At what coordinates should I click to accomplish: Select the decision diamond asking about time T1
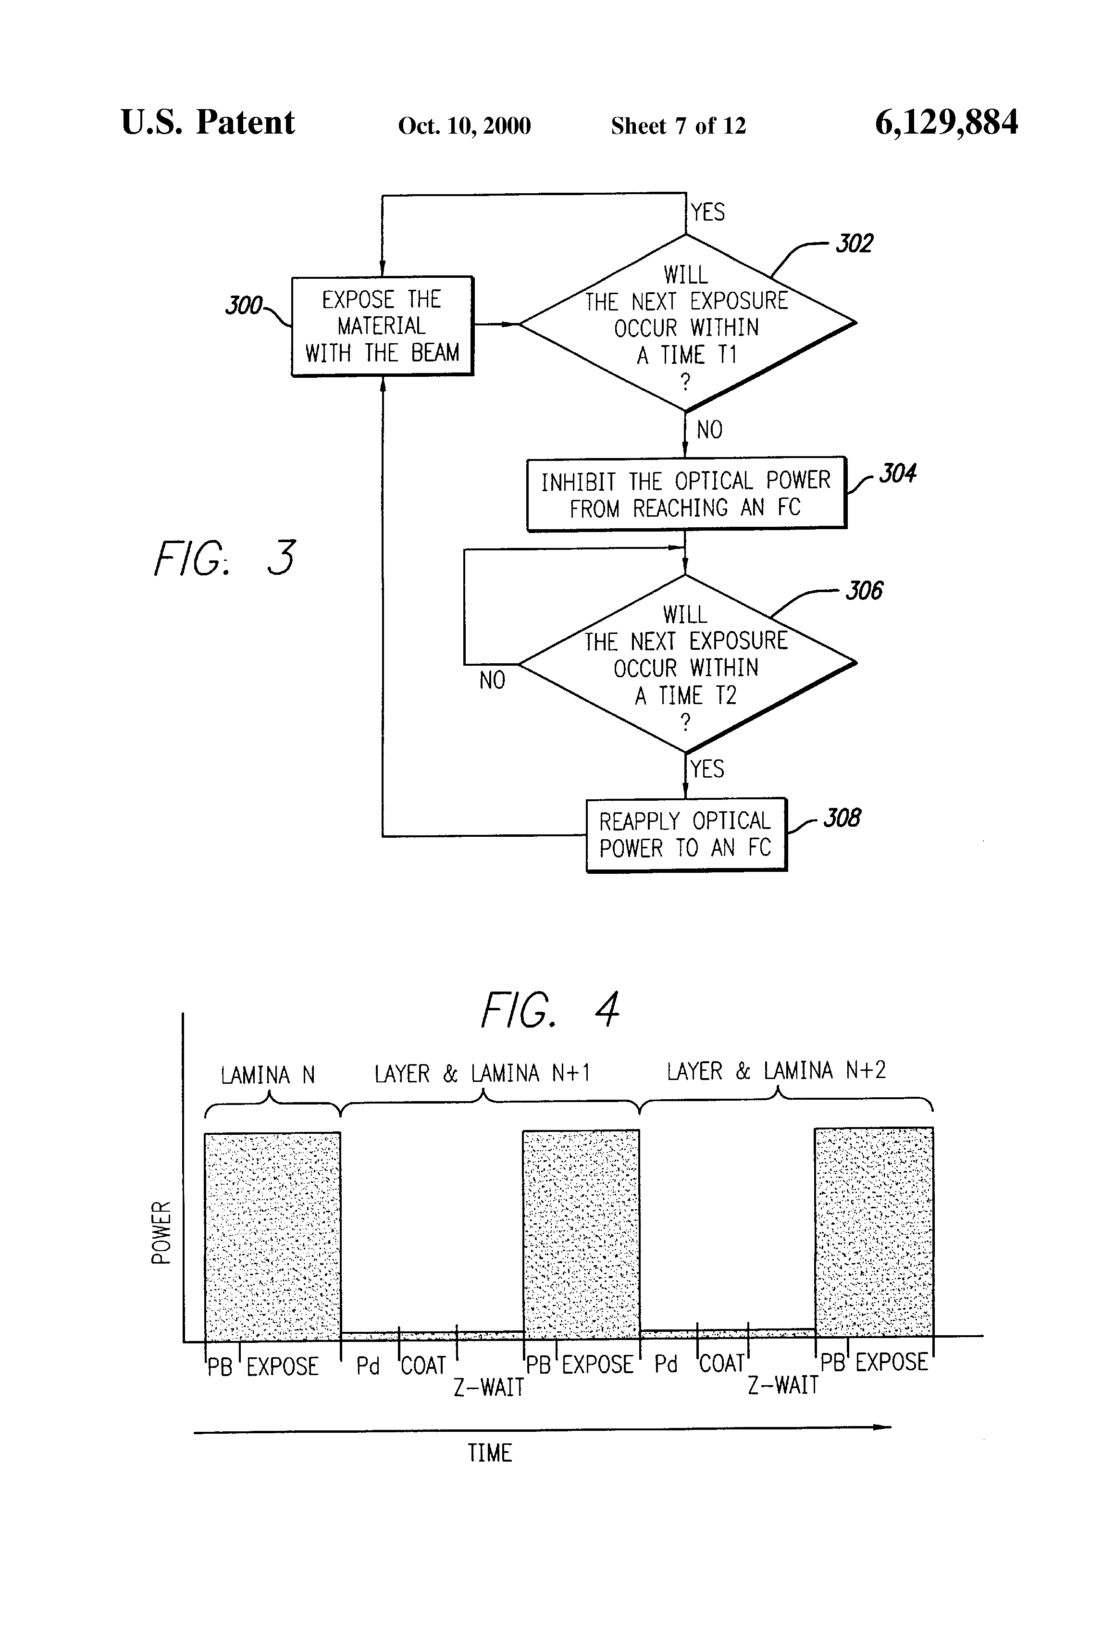686,323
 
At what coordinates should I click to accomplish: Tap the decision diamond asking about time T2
686,664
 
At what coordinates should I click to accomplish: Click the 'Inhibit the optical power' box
686,494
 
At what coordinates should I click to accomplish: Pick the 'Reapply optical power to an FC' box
686,834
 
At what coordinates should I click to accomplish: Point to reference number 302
854,244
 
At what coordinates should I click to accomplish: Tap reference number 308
842,819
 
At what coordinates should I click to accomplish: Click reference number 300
243,305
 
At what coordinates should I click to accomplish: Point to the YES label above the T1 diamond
707,212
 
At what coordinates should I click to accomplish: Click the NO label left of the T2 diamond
492,680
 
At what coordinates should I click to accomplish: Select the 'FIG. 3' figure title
225,558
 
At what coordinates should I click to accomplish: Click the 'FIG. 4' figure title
550,1010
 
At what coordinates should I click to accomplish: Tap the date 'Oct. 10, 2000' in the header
464,125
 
